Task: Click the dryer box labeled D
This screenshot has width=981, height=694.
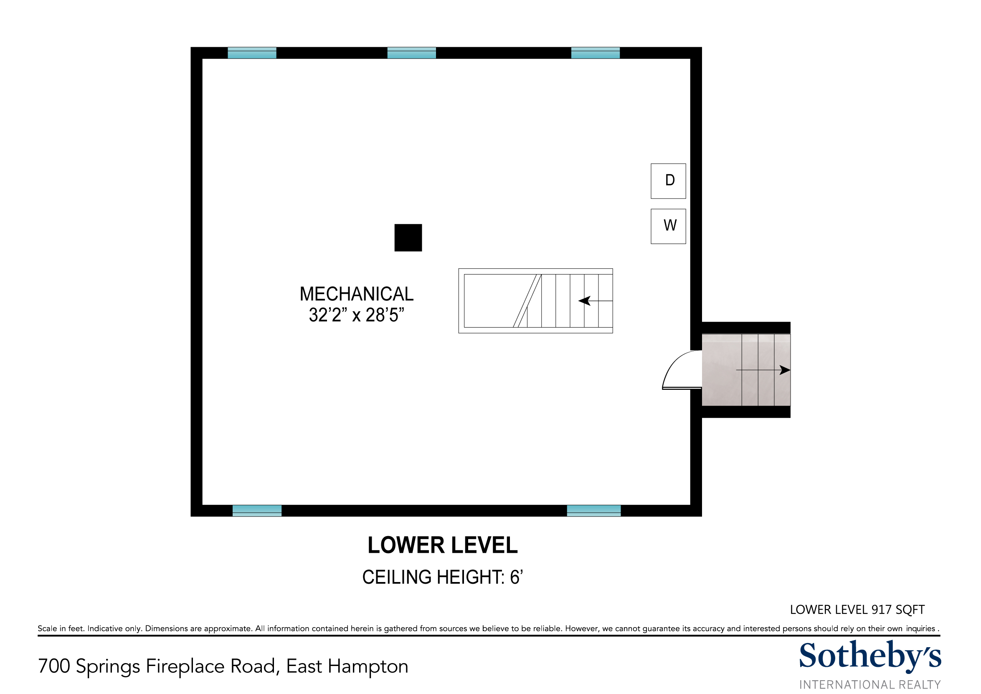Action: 668,181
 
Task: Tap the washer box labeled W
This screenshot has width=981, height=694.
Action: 668,226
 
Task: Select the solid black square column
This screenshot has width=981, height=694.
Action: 408,238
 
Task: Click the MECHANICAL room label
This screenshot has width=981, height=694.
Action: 357,294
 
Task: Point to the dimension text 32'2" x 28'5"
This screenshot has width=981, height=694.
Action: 357,315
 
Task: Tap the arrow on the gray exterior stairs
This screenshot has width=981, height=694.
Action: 763,370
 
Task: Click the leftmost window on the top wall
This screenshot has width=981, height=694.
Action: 252,53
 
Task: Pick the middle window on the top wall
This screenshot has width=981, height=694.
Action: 411,53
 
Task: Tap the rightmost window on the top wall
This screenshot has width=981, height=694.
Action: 596,53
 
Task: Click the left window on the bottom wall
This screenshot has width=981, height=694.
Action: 257,511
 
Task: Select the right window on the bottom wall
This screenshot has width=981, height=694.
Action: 594,511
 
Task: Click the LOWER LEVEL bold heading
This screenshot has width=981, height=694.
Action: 443,545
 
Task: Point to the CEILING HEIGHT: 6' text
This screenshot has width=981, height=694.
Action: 443,577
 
